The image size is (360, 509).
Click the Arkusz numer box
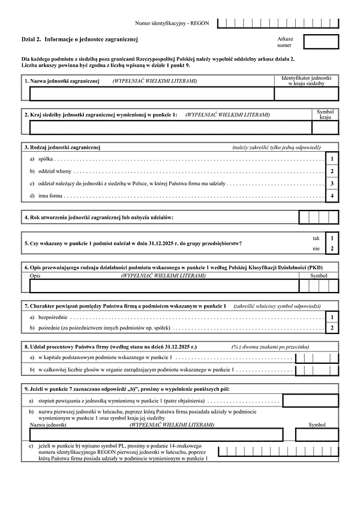[321, 41]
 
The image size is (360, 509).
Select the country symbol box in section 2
[325, 127]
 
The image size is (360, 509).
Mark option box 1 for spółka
[332, 159]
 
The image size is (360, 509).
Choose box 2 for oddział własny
[332, 171]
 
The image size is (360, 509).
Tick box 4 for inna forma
[332, 195]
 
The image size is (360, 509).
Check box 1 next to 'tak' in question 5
[332, 238]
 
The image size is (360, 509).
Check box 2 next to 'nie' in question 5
[332, 248]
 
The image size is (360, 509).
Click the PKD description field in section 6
[162, 285]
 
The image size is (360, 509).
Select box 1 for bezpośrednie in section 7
[332, 316]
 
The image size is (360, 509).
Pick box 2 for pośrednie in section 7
[332, 328]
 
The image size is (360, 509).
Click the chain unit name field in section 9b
[156, 434]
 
